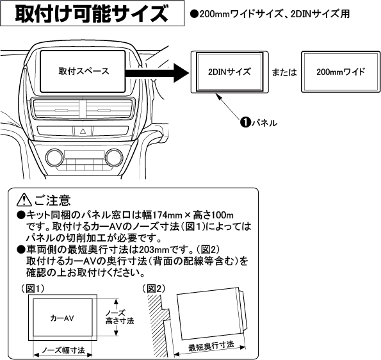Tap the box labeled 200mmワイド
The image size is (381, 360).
click(341, 71)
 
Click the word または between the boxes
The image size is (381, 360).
click(282, 71)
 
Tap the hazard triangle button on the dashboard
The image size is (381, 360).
click(83, 131)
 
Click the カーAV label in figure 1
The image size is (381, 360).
click(62, 317)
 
